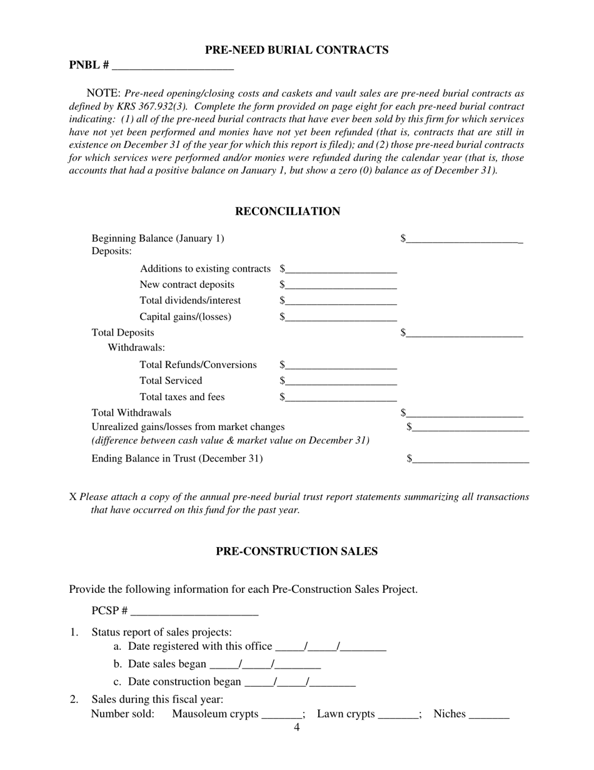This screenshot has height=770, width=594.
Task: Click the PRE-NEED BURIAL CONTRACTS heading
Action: (296, 50)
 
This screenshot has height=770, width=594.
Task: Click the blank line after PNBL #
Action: (174, 65)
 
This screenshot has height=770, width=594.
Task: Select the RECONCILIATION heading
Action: (288, 212)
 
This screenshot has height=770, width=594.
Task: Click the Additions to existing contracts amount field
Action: (341, 269)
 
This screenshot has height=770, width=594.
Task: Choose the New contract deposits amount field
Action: (341, 285)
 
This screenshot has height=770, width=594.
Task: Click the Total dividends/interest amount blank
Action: (341, 301)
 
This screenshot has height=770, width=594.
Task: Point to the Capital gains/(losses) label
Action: (185, 317)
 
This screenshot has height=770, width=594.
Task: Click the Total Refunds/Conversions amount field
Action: (341, 365)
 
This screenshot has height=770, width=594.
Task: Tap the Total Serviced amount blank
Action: (341, 381)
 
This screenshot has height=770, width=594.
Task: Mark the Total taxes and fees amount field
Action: (341, 397)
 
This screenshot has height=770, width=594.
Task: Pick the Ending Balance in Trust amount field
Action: (470, 459)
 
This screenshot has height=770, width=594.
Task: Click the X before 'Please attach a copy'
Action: (73, 497)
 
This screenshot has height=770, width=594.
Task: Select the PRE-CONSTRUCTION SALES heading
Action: (296, 552)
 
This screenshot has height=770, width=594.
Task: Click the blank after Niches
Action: (489, 714)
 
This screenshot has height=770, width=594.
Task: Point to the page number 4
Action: (296, 727)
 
